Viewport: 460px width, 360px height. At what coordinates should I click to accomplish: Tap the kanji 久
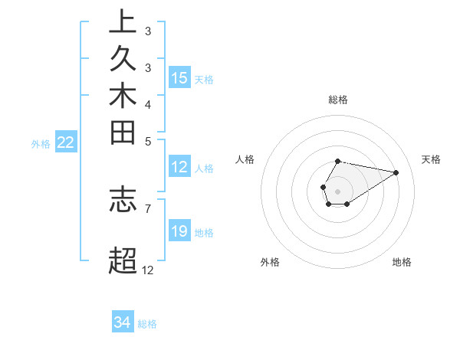[123, 60]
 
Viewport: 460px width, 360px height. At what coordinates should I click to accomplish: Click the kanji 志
[123, 198]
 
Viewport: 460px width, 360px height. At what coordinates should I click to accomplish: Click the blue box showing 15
[179, 78]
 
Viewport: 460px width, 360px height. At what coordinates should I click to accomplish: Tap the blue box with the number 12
[179, 168]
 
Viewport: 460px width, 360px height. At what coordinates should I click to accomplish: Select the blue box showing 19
[179, 231]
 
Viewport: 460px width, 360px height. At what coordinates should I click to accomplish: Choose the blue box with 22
[66, 142]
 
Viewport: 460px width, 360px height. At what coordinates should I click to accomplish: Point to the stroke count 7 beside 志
[147, 208]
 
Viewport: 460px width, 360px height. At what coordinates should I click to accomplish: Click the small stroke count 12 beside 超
[147, 270]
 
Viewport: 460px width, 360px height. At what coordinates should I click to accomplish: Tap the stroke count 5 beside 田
[147, 141]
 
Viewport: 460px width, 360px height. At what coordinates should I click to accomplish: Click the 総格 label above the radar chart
[338, 100]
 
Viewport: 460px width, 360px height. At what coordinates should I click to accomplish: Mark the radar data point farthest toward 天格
[396, 172]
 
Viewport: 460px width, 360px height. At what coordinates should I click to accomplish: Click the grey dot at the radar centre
[338, 190]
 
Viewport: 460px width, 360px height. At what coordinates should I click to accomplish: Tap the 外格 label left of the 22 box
[41, 143]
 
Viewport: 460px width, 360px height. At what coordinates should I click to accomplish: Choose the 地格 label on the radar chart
[402, 263]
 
